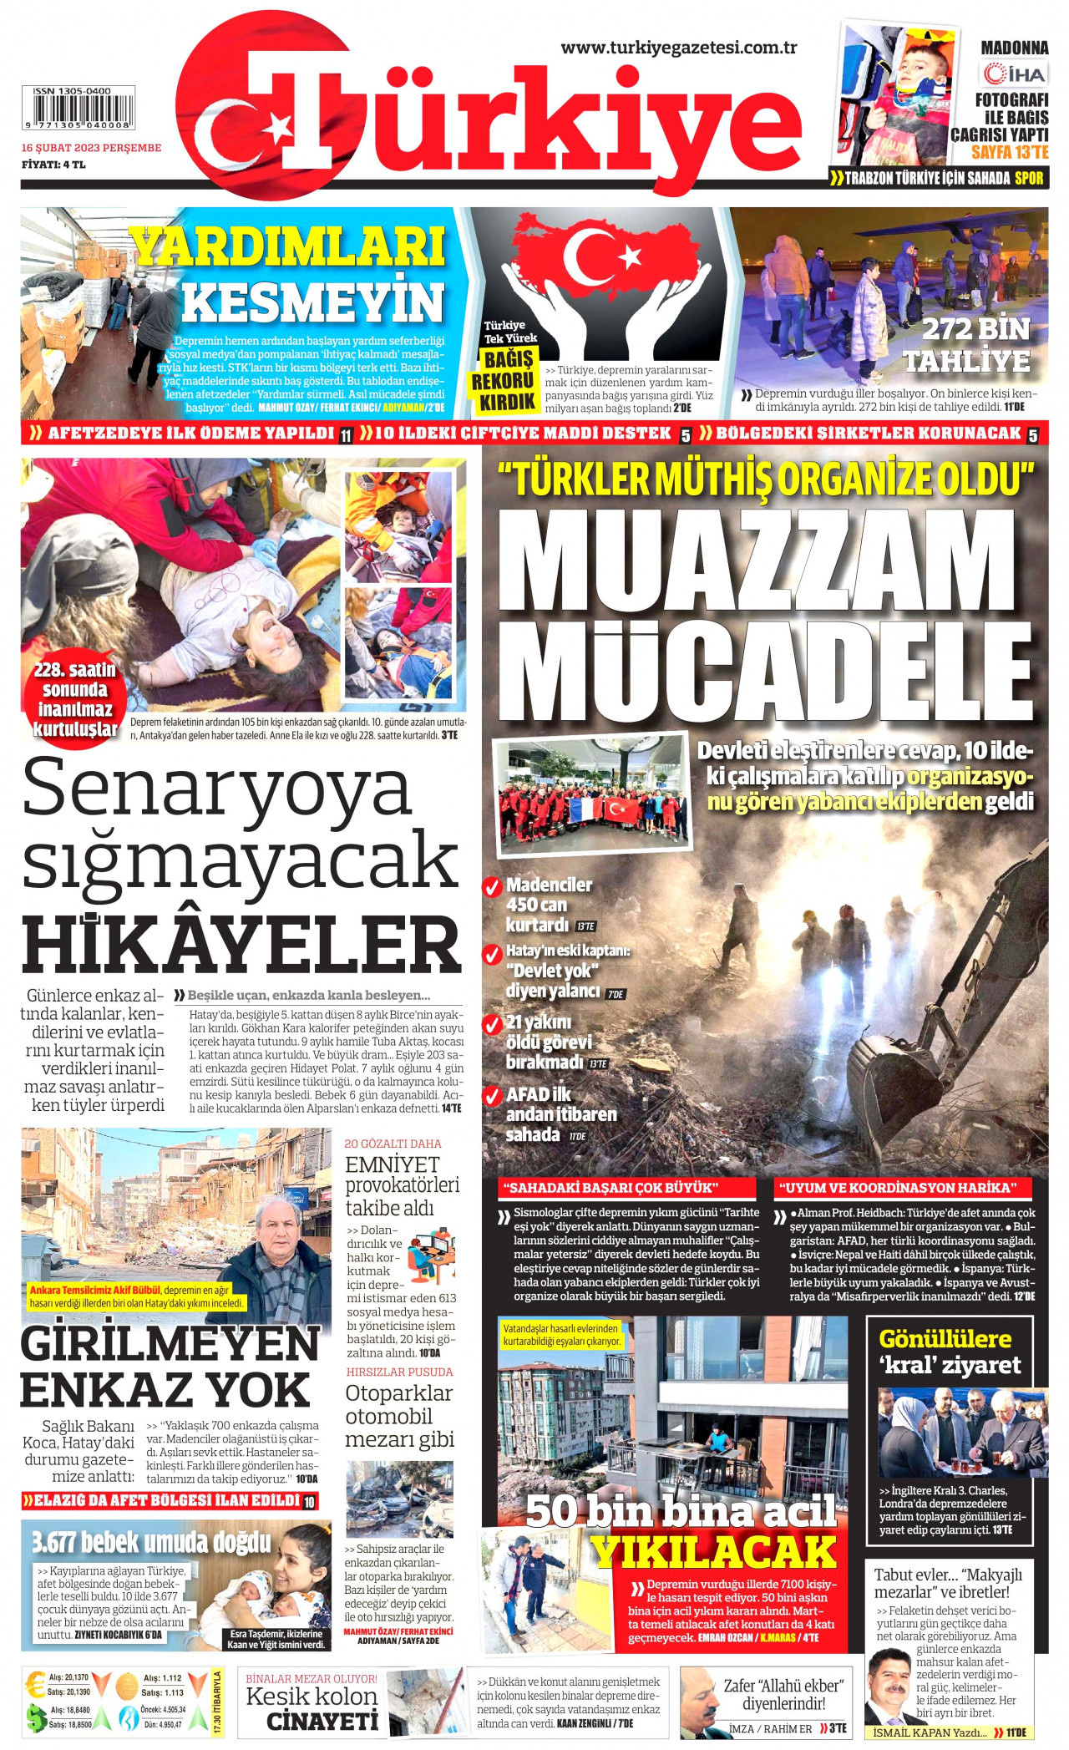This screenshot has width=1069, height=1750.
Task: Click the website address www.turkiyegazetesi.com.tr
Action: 678,48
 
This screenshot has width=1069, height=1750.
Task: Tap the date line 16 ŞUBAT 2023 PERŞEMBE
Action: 91,148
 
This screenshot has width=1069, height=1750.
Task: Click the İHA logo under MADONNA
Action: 1014,74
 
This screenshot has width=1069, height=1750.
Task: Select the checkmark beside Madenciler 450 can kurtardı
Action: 492,886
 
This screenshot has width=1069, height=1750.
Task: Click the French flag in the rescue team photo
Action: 581,809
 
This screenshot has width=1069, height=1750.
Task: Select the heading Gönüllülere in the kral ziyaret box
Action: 945,1339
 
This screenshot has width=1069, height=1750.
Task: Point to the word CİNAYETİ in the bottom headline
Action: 322,1722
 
